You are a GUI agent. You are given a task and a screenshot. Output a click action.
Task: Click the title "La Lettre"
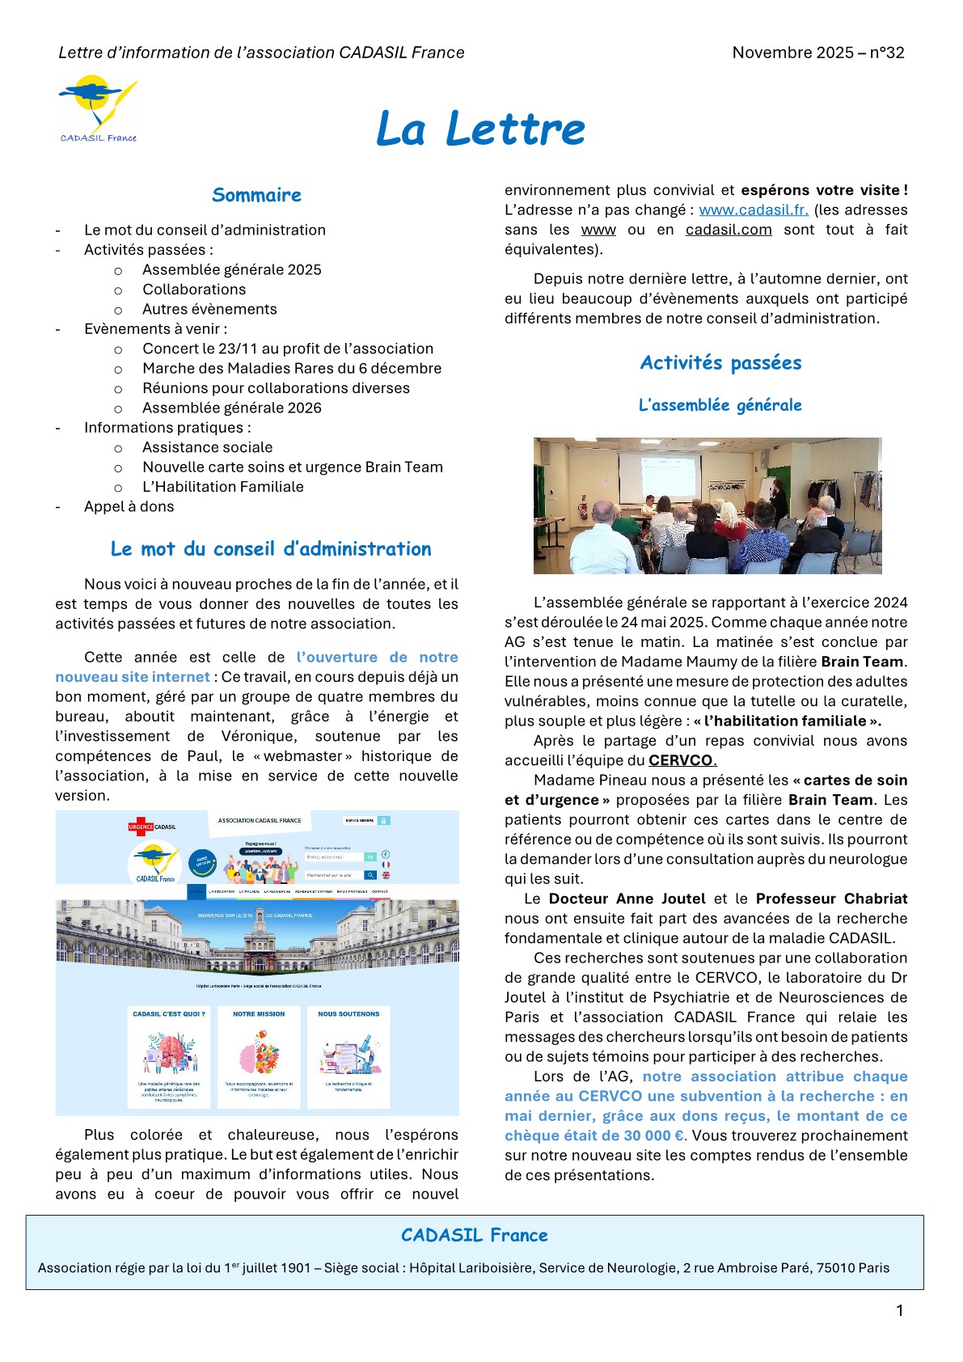coord(480,129)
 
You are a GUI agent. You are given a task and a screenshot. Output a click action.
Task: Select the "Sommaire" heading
coord(256,195)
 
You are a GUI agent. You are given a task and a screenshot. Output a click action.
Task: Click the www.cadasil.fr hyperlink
coord(754,210)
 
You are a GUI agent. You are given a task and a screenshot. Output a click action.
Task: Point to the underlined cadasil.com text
coord(729,230)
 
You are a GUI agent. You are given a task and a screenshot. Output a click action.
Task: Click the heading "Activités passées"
coord(720,363)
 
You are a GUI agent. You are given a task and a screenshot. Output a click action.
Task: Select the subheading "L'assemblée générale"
coord(720,405)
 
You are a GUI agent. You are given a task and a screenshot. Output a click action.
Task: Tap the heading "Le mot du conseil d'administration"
coord(271,549)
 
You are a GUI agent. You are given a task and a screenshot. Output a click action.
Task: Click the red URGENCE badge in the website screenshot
coord(141,827)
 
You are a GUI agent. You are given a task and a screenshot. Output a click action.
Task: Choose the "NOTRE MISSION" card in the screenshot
coord(259,1055)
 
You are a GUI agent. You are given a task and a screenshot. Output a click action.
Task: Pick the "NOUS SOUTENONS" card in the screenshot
coord(348,1055)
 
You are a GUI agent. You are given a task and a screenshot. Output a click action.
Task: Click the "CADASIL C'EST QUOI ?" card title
coord(169,1013)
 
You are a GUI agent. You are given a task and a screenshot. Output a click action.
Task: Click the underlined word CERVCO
coord(681,760)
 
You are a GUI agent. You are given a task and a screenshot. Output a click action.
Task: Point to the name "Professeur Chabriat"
coord(831,899)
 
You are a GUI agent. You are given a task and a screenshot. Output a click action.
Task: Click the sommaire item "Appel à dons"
coord(129,507)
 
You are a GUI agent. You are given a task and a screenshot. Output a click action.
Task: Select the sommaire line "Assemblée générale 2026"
coord(232,408)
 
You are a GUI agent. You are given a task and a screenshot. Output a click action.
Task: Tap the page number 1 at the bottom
coord(899,1311)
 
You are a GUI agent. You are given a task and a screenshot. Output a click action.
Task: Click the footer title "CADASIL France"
coord(475,1235)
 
